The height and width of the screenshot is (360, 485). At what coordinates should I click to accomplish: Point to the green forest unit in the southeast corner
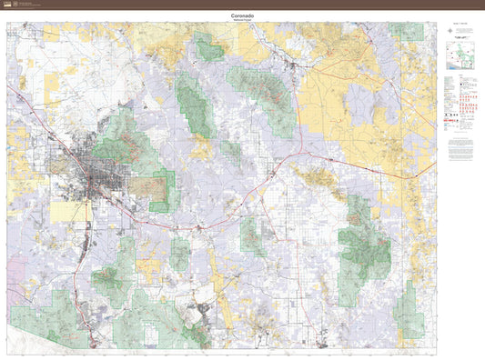407,309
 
